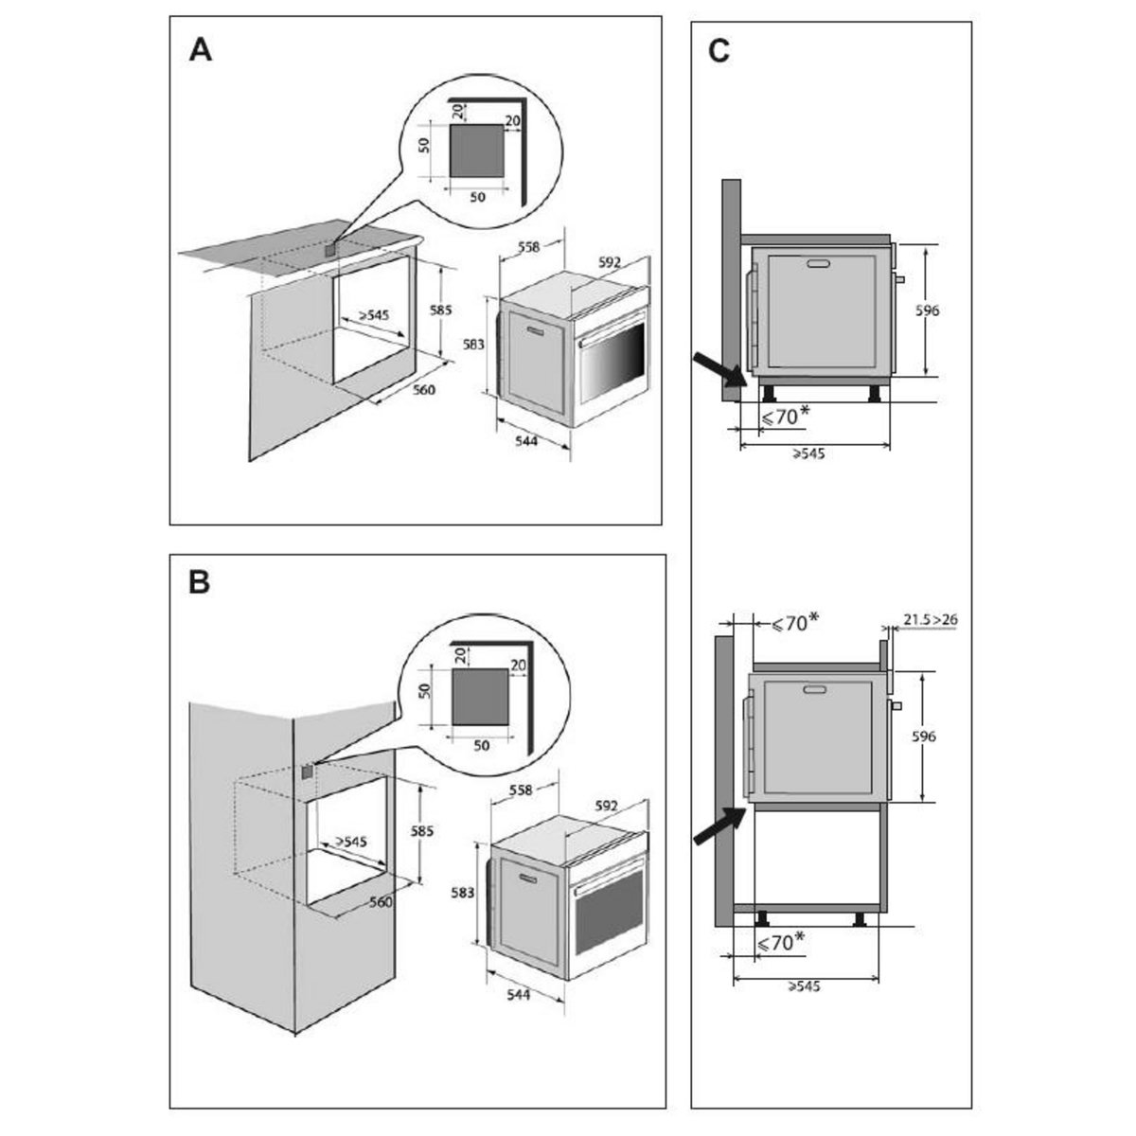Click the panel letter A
[x=200, y=49]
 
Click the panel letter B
[x=199, y=582]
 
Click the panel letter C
[x=719, y=51]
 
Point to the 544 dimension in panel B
[x=518, y=994]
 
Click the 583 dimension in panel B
[x=463, y=892]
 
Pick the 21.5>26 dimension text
[x=930, y=620]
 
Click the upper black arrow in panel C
[x=717, y=368]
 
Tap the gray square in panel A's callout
[x=475, y=151]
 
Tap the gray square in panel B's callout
[x=477, y=698]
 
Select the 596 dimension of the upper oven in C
[x=928, y=310]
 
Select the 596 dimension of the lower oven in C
[x=924, y=737]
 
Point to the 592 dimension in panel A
[x=610, y=261]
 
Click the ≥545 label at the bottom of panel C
[x=804, y=986]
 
